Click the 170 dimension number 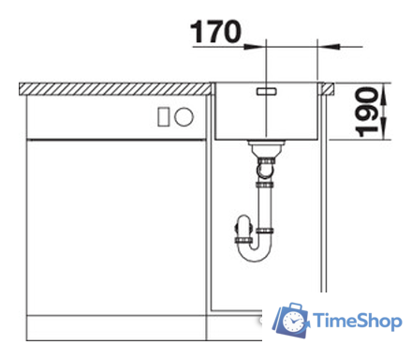[215, 32]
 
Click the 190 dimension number [367, 112]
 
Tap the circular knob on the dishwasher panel [184, 116]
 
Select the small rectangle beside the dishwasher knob [164, 117]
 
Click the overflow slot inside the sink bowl [266, 91]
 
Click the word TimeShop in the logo [357, 321]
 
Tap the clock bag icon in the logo [291, 320]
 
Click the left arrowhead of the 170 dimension [255, 47]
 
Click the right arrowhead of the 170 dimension [329, 47]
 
